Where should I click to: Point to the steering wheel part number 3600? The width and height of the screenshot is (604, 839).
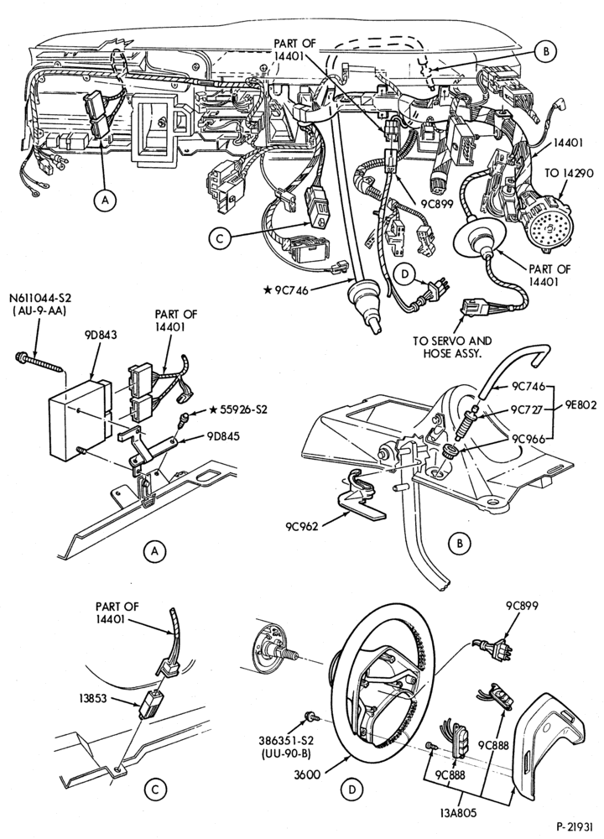308,774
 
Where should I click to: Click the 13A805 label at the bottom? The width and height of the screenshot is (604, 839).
456,813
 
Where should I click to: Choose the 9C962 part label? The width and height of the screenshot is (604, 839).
302,527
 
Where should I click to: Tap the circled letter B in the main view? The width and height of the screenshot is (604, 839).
544,51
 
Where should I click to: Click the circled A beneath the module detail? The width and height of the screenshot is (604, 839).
155,551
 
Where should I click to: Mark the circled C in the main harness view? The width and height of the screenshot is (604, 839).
220,240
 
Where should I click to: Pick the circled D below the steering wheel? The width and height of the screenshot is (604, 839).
352,789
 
